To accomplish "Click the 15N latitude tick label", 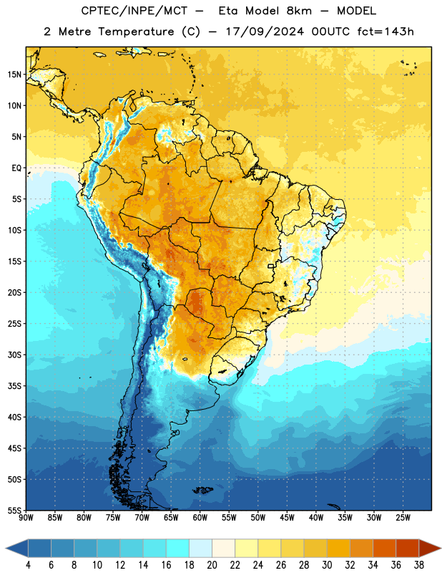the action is (14, 74).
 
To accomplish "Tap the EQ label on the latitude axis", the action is (16, 168).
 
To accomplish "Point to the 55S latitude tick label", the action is (14, 510).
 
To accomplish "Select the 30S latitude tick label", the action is (14, 355).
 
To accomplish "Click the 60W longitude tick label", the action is (200, 518).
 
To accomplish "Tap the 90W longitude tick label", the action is (26, 518).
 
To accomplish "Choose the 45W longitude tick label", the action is (287, 518).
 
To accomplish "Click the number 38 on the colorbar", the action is (419, 565).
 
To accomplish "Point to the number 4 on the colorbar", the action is (28, 565).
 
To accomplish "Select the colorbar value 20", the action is (212, 565).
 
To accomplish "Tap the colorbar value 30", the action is (327, 565).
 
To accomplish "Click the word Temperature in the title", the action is (136, 32).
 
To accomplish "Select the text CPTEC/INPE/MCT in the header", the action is (134, 11).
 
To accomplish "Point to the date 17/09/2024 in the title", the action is (265, 32).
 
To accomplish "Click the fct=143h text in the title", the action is (385, 32).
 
